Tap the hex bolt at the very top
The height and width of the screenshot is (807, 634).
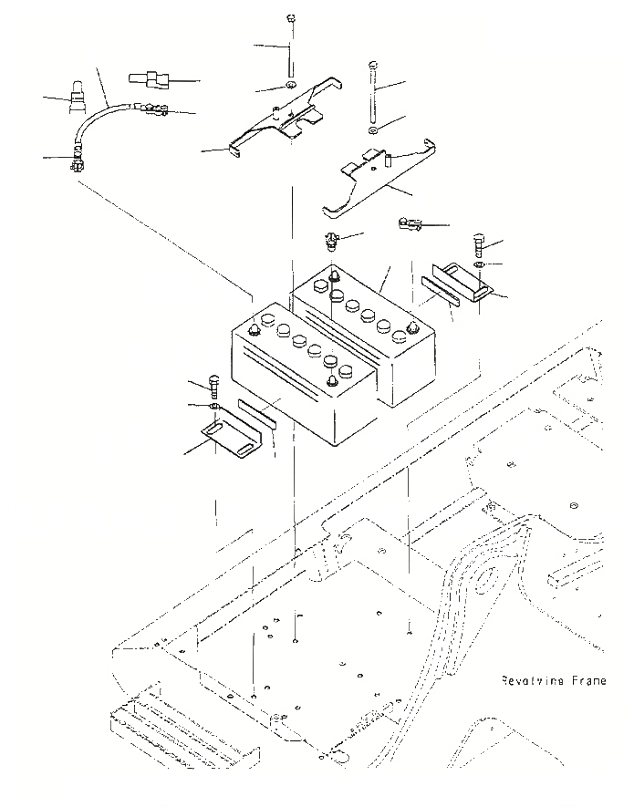point(289,19)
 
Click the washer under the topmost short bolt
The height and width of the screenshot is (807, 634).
point(289,86)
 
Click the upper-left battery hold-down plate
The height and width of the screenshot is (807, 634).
point(283,119)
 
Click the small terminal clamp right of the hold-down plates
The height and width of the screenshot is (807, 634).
point(408,224)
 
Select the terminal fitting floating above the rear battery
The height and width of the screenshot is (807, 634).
point(329,243)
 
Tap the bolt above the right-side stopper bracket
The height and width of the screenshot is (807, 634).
point(480,244)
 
